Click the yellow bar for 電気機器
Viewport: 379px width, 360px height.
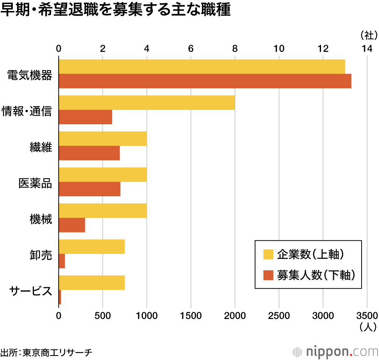(x=202, y=67)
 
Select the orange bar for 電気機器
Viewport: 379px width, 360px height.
(x=205, y=81)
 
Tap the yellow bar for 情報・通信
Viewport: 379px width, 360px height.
(x=147, y=103)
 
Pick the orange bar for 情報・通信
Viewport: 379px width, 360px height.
(x=85, y=117)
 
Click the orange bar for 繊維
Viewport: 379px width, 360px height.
(x=89, y=153)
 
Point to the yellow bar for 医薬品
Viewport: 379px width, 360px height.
(x=103, y=175)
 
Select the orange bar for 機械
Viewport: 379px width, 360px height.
(x=72, y=225)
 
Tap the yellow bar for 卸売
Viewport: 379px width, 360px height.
(x=92, y=247)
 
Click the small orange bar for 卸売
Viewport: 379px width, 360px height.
(x=62, y=261)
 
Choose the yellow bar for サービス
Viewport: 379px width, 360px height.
(x=92, y=283)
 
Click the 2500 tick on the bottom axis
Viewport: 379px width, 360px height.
(x=279, y=316)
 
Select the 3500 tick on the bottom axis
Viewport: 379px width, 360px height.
(x=367, y=316)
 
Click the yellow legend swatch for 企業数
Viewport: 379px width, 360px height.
(x=268, y=255)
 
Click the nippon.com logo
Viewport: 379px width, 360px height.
(x=335, y=351)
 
